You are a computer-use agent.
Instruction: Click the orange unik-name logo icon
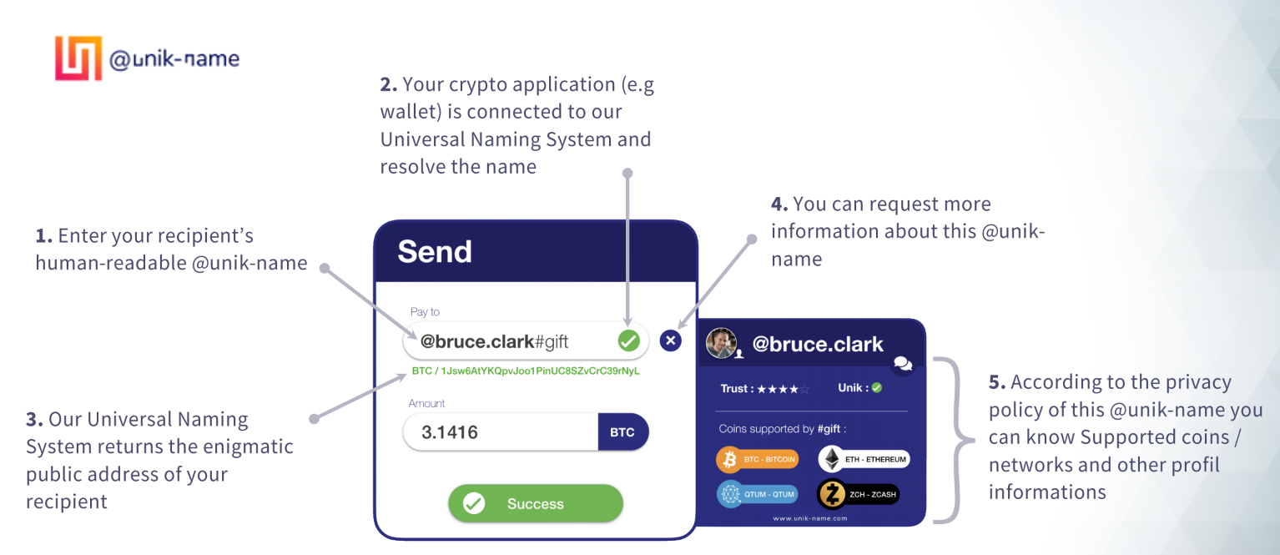click(x=78, y=58)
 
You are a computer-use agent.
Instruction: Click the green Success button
click(x=536, y=503)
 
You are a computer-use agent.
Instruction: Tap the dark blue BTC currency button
click(x=622, y=432)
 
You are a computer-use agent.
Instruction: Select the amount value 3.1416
click(x=450, y=432)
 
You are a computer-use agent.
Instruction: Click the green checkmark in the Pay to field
click(x=628, y=341)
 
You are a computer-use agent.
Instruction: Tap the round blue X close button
click(x=670, y=341)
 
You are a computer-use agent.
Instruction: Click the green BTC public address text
click(x=526, y=371)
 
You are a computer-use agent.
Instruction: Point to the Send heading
click(x=435, y=251)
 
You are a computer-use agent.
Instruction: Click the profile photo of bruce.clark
click(x=721, y=343)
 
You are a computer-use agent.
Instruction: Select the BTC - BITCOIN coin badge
click(x=757, y=459)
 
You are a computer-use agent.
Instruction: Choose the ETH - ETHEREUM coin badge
click(x=864, y=459)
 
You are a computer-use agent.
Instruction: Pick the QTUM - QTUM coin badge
click(x=757, y=494)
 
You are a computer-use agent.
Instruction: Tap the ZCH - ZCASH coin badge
click(x=858, y=494)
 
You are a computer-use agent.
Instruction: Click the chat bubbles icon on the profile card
click(x=903, y=364)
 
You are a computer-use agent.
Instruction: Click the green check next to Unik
click(x=877, y=388)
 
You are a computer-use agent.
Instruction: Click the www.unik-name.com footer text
click(x=810, y=518)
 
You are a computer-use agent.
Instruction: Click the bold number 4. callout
click(x=779, y=204)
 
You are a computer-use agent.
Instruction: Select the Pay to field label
click(x=425, y=312)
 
